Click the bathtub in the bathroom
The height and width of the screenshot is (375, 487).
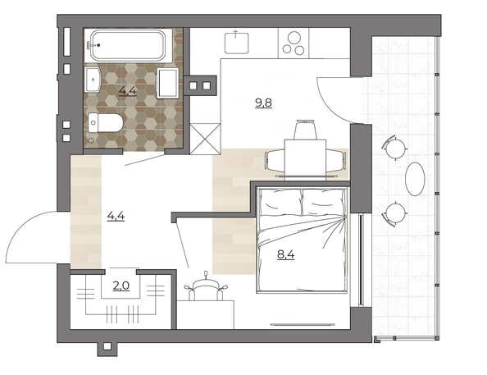click(x=127, y=45)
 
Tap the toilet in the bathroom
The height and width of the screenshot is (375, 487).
click(x=106, y=122)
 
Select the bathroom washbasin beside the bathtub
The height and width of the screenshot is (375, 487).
click(x=93, y=80)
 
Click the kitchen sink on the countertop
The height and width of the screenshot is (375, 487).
click(x=237, y=42)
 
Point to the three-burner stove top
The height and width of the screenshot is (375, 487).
click(x=294, y=43)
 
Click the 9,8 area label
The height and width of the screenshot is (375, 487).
click(x=263, y=103)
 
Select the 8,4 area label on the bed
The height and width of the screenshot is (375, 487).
click(x=286, y=255)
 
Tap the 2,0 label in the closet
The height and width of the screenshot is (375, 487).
click(x=121, y=286)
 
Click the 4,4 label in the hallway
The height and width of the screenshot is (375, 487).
click(x=116, y=216)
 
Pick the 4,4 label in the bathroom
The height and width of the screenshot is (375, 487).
click(x=128, y=91)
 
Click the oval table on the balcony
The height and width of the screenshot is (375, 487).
click(x=415, y=179)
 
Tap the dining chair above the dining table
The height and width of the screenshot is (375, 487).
click(x=306, y=130)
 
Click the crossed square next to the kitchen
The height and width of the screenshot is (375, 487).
click(x=205, y=139)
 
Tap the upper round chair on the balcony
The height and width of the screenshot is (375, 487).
click(x=395, y=148)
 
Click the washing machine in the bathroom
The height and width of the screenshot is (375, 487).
click(x=168, y=83)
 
